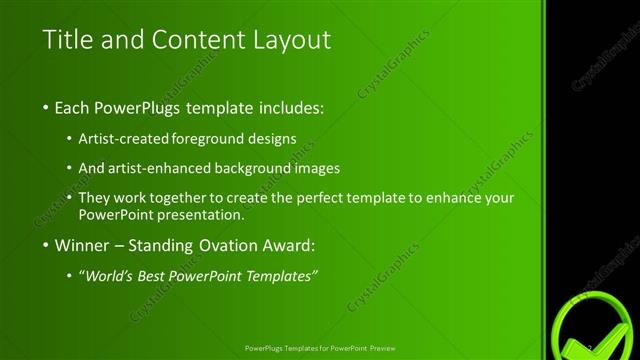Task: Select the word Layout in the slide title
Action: pos(290,40)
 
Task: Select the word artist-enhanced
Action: pos(161,168)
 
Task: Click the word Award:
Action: pos(290,245)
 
